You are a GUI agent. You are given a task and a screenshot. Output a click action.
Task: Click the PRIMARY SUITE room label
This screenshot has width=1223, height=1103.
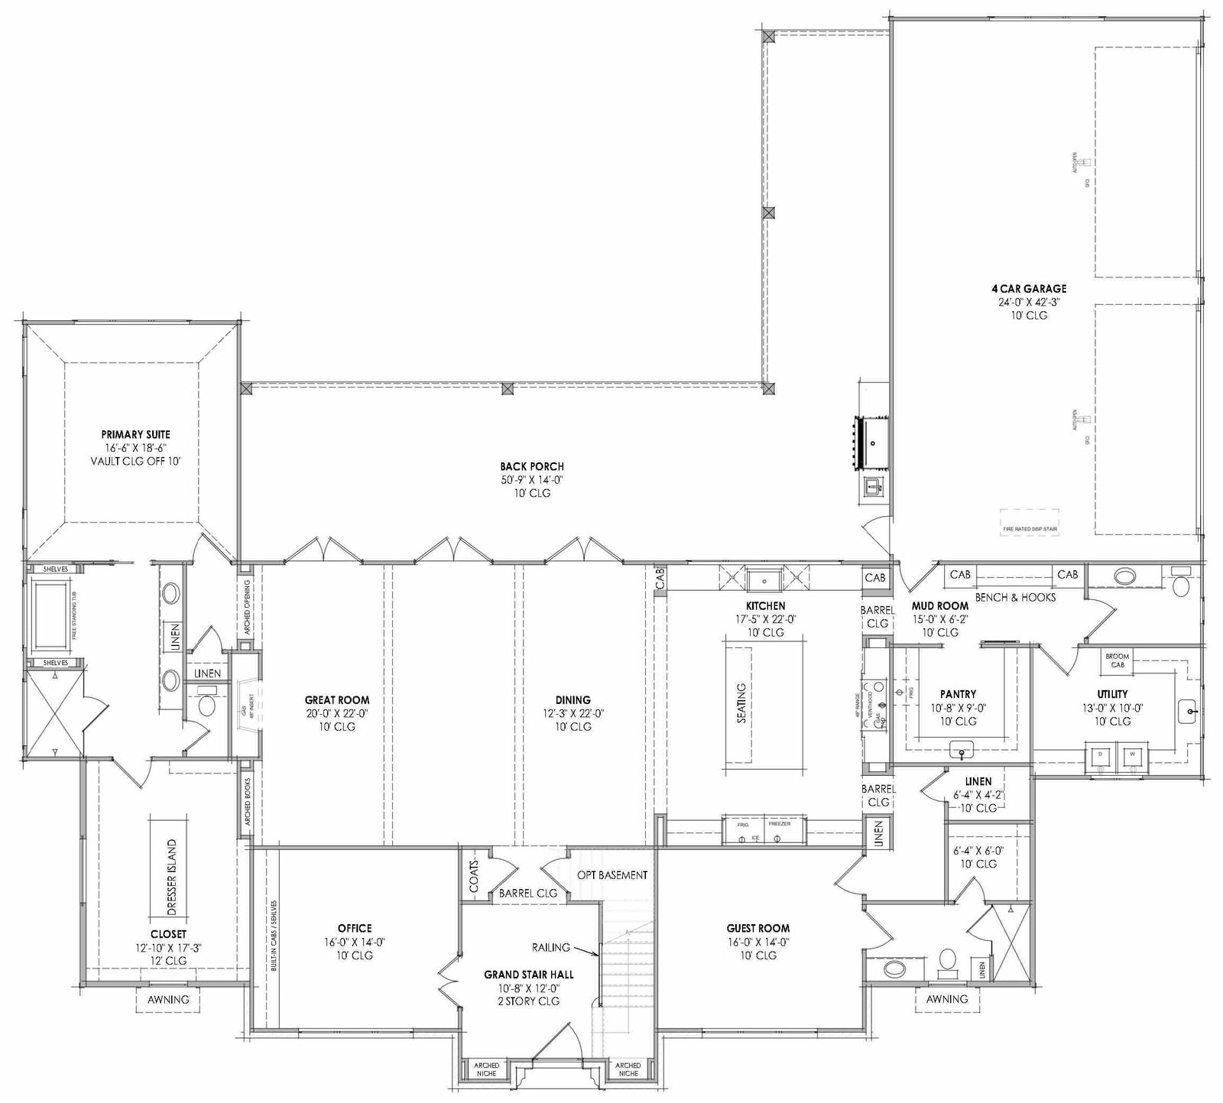(x=135, y=434)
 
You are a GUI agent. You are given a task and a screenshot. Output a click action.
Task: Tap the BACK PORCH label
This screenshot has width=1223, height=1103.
(x=532, y=466)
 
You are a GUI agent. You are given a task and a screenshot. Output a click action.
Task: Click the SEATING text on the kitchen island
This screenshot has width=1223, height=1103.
(x=741, y=703)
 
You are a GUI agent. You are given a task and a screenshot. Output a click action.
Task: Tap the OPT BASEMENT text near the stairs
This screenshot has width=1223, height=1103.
(x=612, y=875)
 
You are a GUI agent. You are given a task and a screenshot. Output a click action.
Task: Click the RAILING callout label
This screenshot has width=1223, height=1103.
(x=551, y=947)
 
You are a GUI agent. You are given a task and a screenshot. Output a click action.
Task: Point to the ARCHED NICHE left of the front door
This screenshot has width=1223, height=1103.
(x=486, y=1069)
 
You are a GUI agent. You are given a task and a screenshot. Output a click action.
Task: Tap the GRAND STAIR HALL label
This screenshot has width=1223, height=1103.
(x=529, y=975)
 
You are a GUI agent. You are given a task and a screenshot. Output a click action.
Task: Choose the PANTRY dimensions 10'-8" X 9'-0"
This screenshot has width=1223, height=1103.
(x=958, y=708)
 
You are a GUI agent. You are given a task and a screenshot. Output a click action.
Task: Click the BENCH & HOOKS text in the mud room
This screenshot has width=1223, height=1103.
(x=1015, y=597)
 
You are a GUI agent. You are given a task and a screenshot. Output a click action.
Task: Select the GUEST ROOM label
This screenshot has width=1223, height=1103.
(x=758, y=928)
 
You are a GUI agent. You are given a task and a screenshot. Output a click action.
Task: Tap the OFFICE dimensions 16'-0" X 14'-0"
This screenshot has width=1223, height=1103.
(x=354, y=942)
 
